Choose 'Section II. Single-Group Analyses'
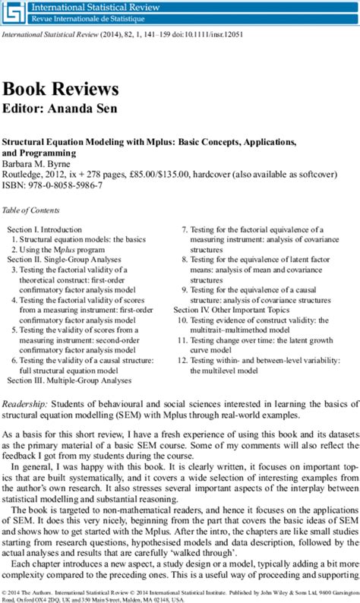(x=65, y=259)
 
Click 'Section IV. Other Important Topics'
(x=232, y=310)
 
